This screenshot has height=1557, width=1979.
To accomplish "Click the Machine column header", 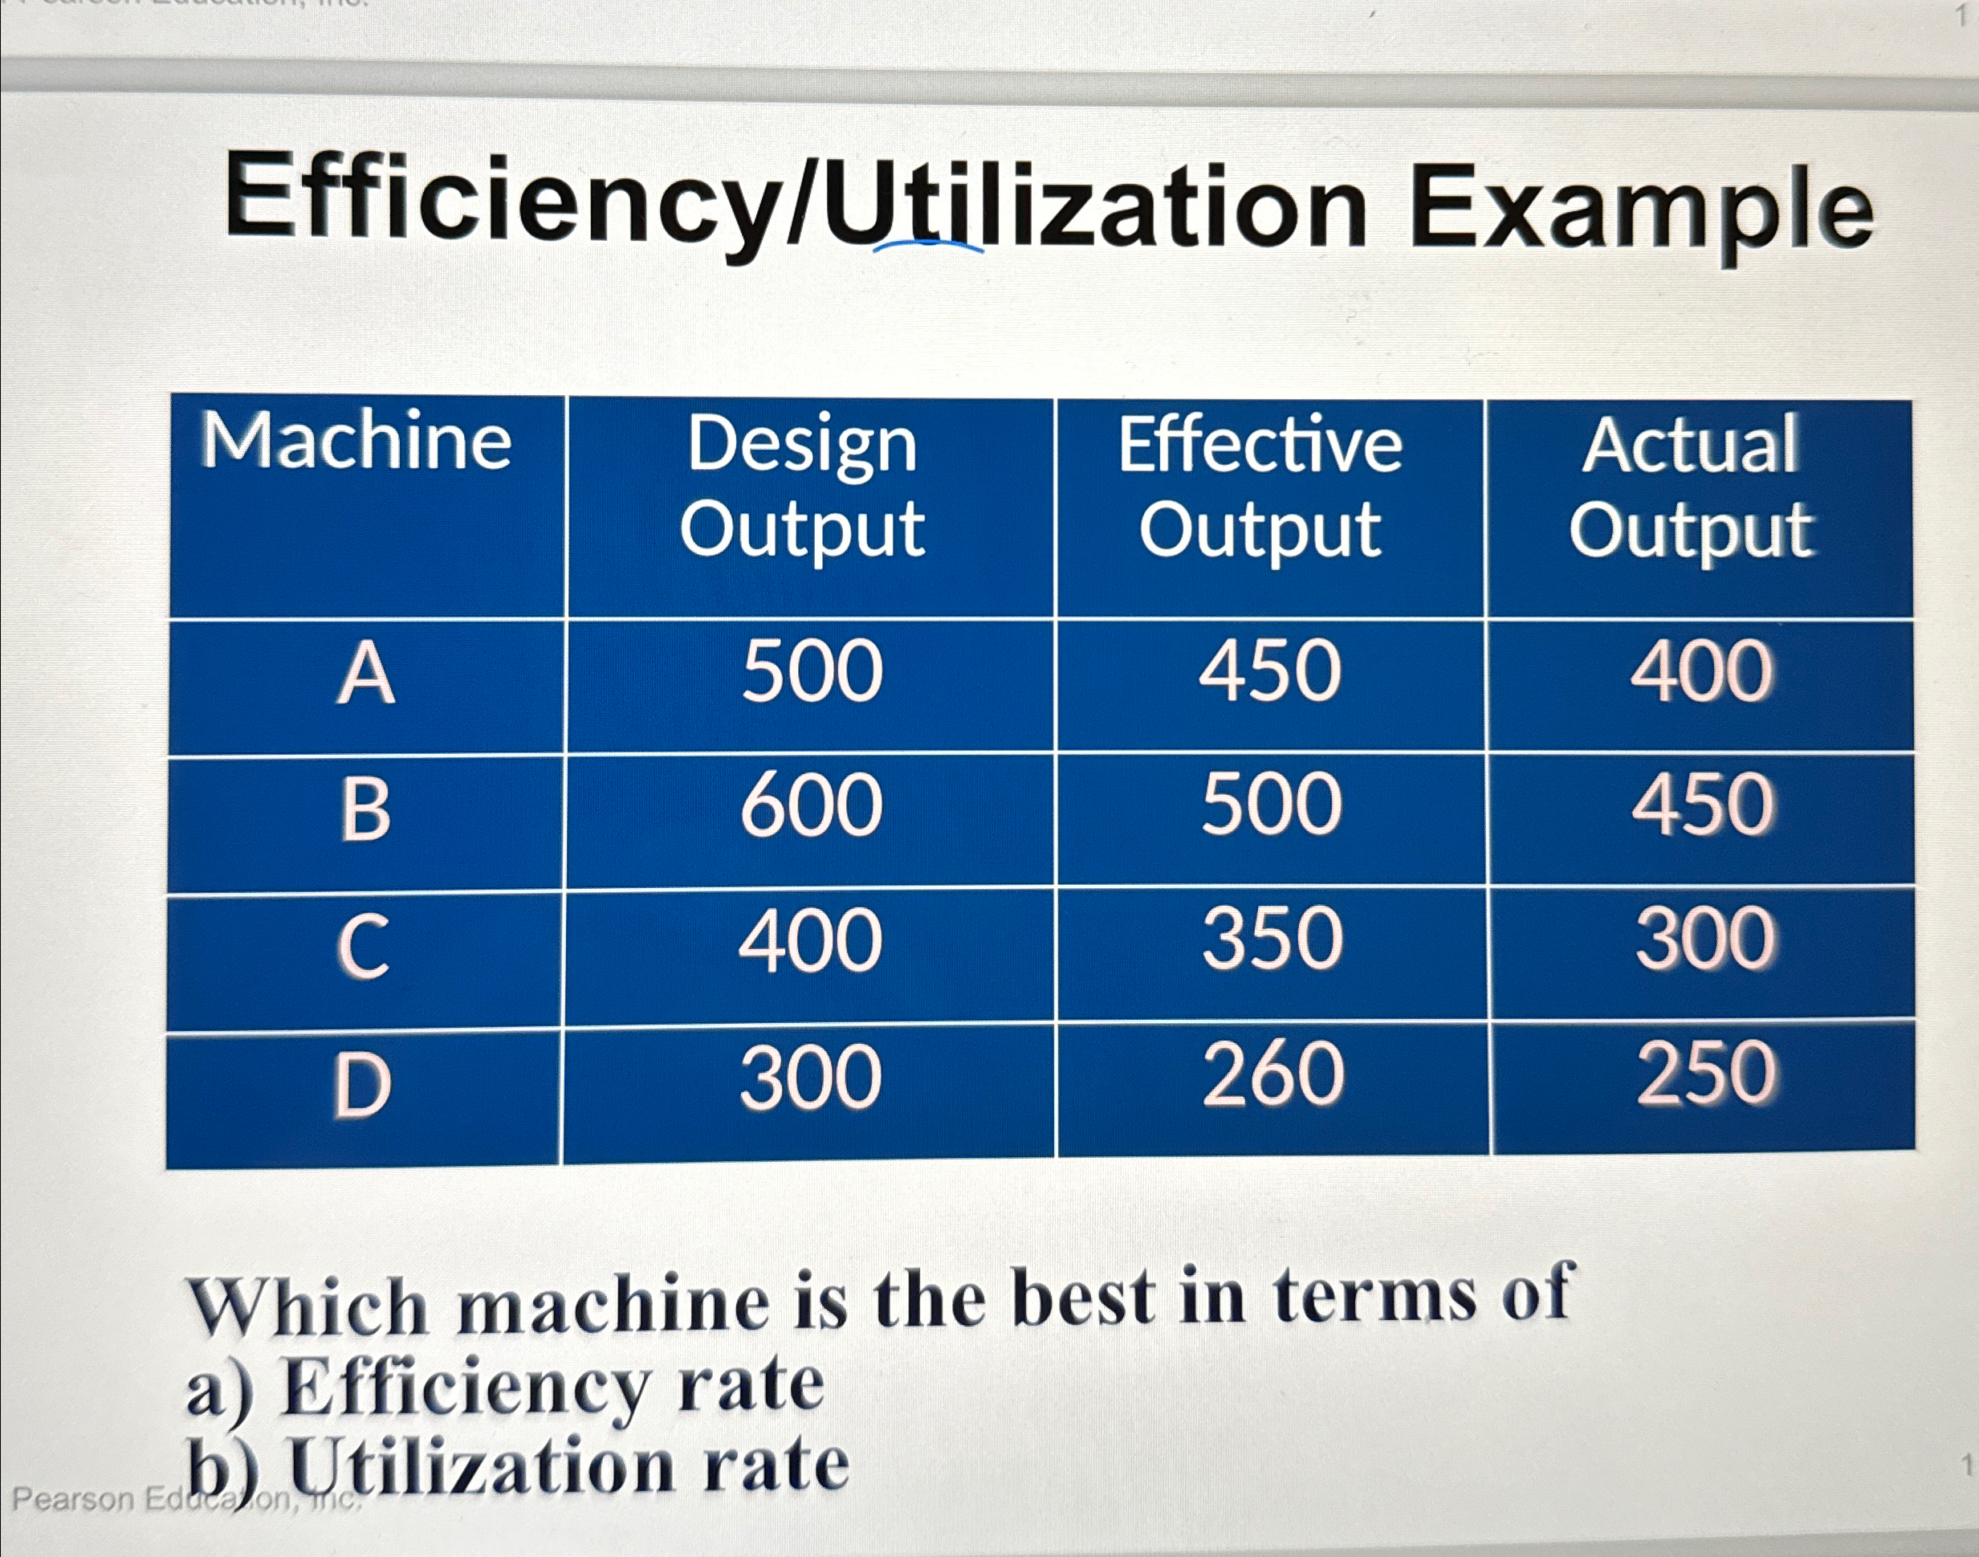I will coord(356,443).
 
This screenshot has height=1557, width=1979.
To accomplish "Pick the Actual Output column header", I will coord(1691,487).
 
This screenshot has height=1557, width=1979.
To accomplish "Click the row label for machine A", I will coord(365,675).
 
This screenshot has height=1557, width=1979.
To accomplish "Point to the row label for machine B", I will coord(365,809).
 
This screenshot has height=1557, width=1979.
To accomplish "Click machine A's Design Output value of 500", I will coord(812,672).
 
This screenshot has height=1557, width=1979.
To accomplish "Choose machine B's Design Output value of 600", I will coord(812,806).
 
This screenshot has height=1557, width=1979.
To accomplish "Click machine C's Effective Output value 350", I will coord(1273,938).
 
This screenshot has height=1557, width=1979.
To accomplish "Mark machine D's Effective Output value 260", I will coord(1273,1074).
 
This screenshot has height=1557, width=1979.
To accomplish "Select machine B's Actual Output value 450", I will coord(1703,805).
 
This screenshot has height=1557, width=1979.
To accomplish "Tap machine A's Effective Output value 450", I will coord(1270,672).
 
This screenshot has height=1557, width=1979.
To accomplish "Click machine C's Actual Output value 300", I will coord(1704,938).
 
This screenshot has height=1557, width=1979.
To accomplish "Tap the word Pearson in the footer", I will coord(73,1499).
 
